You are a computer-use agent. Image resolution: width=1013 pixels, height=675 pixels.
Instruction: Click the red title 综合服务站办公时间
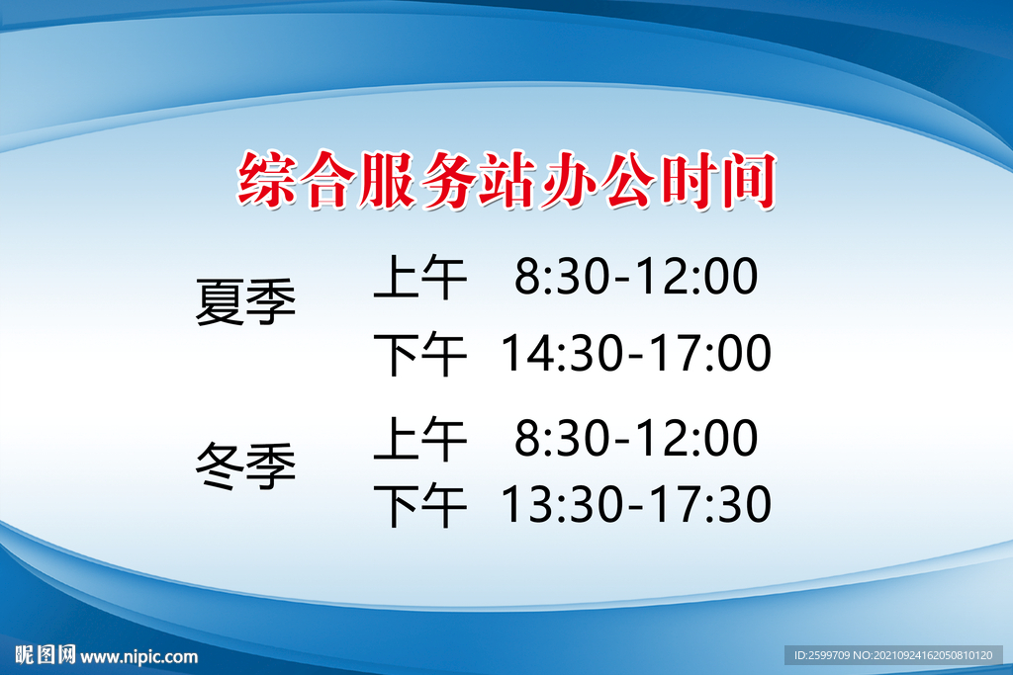[x=506, y=182]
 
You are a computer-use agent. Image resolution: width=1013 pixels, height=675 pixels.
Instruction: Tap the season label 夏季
[x=245, y=302]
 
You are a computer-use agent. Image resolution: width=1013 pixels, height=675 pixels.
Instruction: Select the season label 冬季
[x=245, y=466]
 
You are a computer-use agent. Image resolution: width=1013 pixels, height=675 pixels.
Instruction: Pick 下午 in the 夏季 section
[x=419, y=354]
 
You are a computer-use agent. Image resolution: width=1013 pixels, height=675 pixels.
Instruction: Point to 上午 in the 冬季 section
[x=419, y=441]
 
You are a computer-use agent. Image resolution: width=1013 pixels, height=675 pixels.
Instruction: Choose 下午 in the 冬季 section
[x=419, y=506]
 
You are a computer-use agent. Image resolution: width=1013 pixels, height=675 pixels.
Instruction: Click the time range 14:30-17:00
[x=635, y=354]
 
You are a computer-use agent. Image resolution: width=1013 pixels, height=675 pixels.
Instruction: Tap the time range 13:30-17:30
[x=635, y=506]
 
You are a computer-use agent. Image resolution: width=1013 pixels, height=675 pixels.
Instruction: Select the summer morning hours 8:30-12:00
[x=635, y=278]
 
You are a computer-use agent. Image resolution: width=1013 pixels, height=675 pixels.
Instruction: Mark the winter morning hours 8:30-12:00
[x=635, y=440]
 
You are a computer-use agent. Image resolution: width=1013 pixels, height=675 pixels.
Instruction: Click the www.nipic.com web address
[x=139, y=656]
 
